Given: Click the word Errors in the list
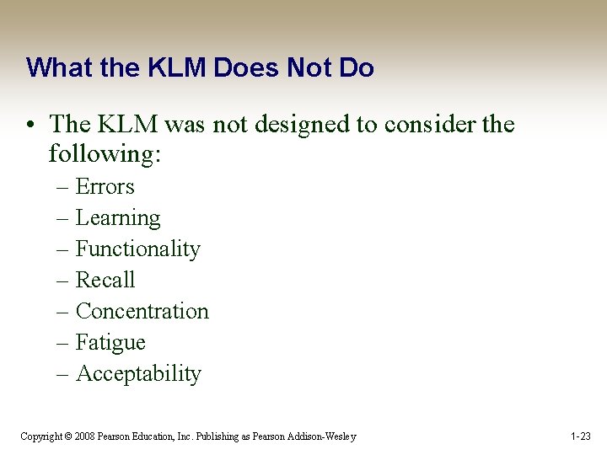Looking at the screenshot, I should [x=105, y=186].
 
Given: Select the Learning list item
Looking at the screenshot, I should [x=117, y=218].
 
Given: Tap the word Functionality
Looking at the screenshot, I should [x=137, y=249].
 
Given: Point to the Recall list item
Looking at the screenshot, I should [x=105, y=280].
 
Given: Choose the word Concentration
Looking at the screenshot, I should [x=142, y=311].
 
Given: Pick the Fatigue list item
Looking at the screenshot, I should [x=110, y=343].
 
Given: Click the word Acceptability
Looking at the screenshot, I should [x=138, y=374].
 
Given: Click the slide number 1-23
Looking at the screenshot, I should [x=581, y=436].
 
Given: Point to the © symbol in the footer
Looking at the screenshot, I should [x=68, y=436].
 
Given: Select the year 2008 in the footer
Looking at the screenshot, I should [x=84, y=436].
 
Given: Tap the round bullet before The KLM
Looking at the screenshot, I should [x=31, y=125].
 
